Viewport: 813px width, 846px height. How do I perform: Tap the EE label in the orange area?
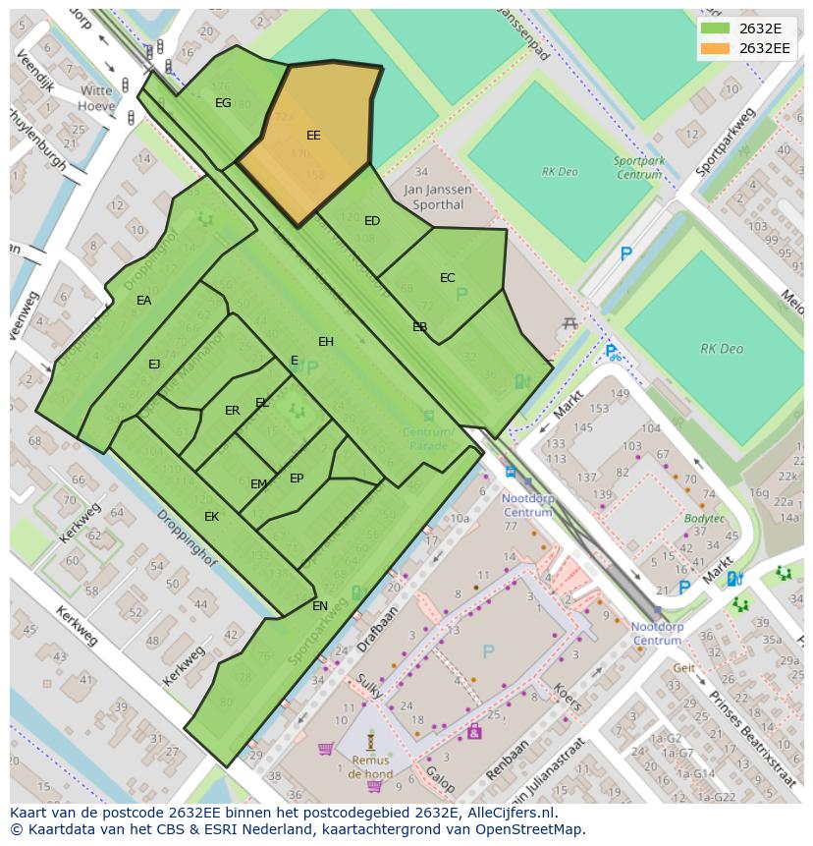[x=313, y=136]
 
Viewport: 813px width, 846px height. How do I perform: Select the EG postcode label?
[x=223, y=103]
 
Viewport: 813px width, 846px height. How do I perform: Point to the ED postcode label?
[x=372, y=221]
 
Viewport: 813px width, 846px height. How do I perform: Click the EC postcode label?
[x=447, y=278]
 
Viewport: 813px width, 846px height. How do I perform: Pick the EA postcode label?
[x=144, y=301]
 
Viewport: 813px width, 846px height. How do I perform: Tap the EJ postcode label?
[x=154, y=365]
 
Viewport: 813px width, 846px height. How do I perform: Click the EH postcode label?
[x=326, y=342]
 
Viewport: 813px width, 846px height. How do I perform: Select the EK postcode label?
[x=211, y=517]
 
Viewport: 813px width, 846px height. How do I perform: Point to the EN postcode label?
[x=320, y=606]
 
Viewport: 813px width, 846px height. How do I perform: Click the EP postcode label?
[x=297, y=479]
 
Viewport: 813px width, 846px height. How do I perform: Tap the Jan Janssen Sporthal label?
[x=437, y=197]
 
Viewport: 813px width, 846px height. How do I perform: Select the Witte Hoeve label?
[x=96, y=97]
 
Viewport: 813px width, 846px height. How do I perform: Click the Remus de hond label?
[x=369, y=766]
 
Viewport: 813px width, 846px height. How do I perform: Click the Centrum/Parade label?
[x=428, y=439]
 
